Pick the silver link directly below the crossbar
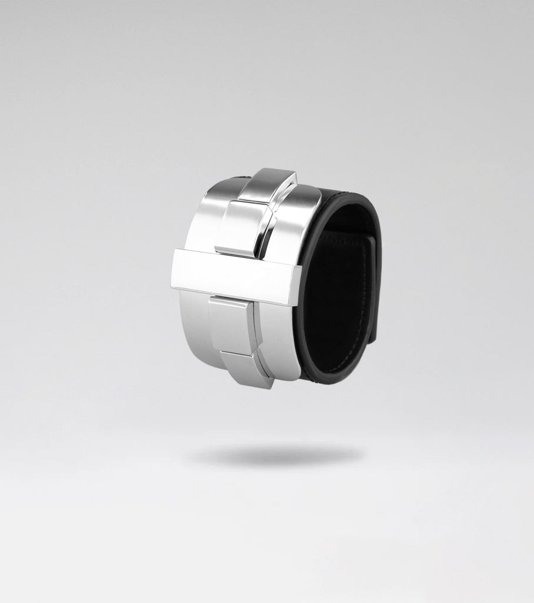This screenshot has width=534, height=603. pos(231,324)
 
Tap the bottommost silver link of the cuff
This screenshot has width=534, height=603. pos(247,368)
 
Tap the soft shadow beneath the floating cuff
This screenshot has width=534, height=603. pos(274,455)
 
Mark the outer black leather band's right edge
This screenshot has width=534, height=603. pos(379,283)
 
